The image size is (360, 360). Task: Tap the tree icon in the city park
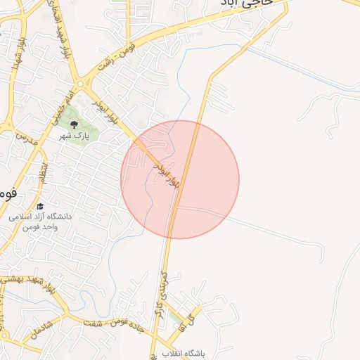tap(75, 124)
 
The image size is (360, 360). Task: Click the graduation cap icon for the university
tap(40, 207)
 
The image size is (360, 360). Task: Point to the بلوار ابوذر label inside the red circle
tap(167, 172)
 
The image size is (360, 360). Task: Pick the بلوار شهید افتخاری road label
tap(59, 32)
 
